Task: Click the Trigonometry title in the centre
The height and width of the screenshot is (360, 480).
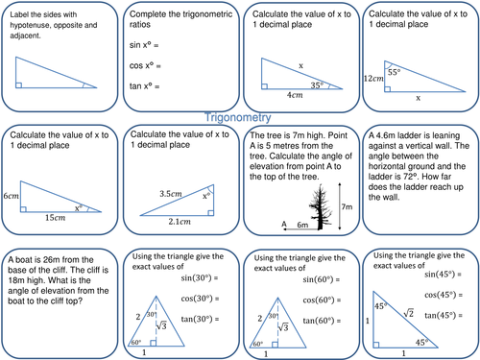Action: coord(240,113)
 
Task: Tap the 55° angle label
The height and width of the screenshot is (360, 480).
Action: coord(393,72)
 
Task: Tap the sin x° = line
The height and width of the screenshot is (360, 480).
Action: coord(149,45)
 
